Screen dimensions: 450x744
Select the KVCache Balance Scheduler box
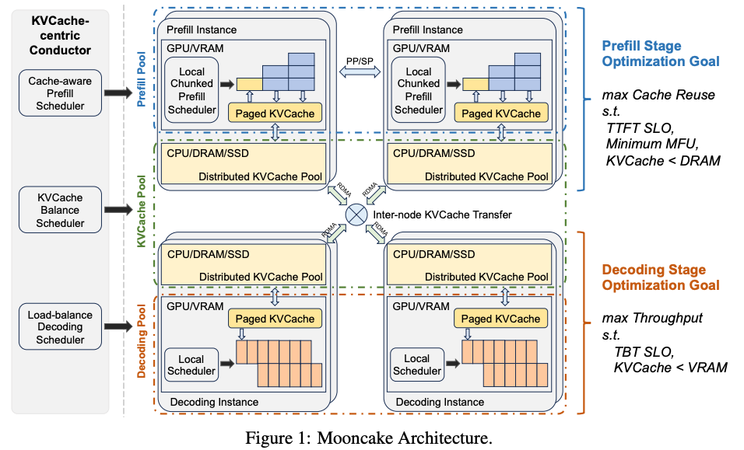click(61, 210)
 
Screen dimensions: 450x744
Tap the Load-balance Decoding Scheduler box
click(61, 327)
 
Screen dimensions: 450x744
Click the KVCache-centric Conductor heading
click(61, 36)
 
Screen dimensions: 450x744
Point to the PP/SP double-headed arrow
click(360, 72)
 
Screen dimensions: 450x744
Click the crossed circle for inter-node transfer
click(356, 215)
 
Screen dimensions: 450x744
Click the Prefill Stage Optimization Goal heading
click(662, 53)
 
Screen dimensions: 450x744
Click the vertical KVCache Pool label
click(142, 211)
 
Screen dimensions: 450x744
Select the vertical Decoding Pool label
click(142, 340)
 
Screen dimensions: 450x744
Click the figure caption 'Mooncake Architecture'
click(370, 438)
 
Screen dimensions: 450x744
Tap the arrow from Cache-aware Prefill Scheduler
click(118, 92)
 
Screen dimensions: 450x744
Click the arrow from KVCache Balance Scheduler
click(118, 210)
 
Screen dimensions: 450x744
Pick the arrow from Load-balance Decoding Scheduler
click(118, 327)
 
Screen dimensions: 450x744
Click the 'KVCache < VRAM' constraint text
click(670, 367)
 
